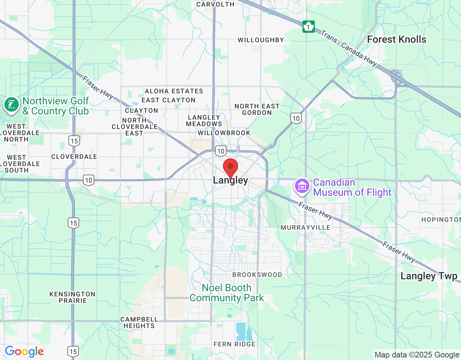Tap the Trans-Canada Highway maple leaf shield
coord(308,26)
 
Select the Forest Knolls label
coord(397,40)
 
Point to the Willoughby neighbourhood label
coord(261,40)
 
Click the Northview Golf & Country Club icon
coord(11,105)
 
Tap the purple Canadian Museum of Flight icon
coord(302,186)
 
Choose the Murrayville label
coord(305,228)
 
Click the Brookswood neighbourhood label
coord(257,275)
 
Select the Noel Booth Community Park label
coord(227,293)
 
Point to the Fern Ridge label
coord(234,344)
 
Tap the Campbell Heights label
coord(139,323)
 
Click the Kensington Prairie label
coord(72,297)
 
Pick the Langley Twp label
coord(429,276)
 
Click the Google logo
coord(24,352)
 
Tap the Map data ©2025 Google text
coord(417,355)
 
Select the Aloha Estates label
coord(174,91)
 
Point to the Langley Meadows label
coord(204,121)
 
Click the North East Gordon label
coord(257,109)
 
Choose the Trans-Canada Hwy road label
coord(349,48)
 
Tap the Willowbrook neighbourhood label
coord(224,133)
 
